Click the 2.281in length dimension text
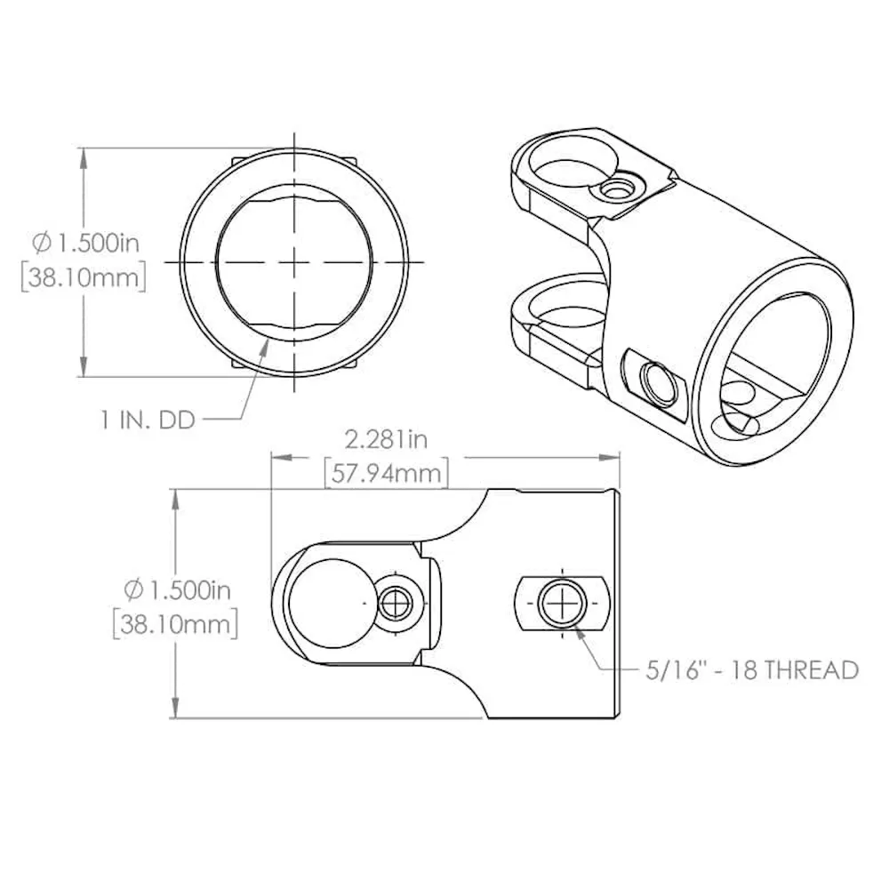(386, 440)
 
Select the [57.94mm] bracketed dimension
(386, 474)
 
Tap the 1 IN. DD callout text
(148, 420)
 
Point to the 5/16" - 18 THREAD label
(752, 670)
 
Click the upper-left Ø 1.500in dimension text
(85, 244)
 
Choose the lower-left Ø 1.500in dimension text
(178, 591)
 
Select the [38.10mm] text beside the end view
(84, 277)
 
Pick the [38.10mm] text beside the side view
(175, 625)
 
